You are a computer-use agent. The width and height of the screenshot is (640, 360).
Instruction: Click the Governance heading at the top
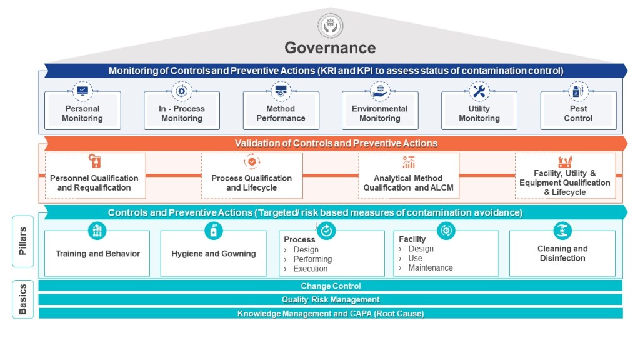tap(330, 47)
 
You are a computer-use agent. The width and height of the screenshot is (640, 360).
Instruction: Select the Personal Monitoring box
tap(82, 113)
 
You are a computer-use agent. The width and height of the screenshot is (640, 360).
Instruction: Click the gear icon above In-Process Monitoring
tap(182, 91)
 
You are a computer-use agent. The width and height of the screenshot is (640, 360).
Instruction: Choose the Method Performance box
tap(281, 113)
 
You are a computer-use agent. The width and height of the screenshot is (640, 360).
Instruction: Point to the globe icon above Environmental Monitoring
tap(379, 91)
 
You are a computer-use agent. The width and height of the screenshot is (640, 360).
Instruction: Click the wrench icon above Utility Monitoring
tap(479, 91)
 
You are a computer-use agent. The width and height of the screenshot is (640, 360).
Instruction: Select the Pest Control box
tap(578, 113)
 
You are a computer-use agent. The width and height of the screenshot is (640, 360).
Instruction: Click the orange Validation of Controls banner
tap(336, 143)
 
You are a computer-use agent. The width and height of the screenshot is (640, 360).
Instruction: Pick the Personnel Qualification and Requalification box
tap(94, 182)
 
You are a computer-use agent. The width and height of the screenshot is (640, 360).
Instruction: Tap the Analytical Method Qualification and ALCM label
tap(408, 182)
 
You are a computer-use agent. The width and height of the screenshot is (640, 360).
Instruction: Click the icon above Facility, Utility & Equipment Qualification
tap(565, 162)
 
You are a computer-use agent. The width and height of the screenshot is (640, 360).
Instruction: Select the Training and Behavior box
tap(97, 254)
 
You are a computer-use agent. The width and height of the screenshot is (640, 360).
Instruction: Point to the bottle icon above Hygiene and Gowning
tap(214, 231)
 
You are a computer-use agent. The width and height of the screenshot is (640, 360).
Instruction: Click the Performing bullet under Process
tap(312, 259)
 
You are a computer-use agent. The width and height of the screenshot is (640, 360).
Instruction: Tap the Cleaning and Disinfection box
tap(562, 253)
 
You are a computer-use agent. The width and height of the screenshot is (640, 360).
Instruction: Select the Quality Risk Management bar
tap(331, 299)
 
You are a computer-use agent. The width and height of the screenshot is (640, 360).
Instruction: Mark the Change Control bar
tap(331, 286)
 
